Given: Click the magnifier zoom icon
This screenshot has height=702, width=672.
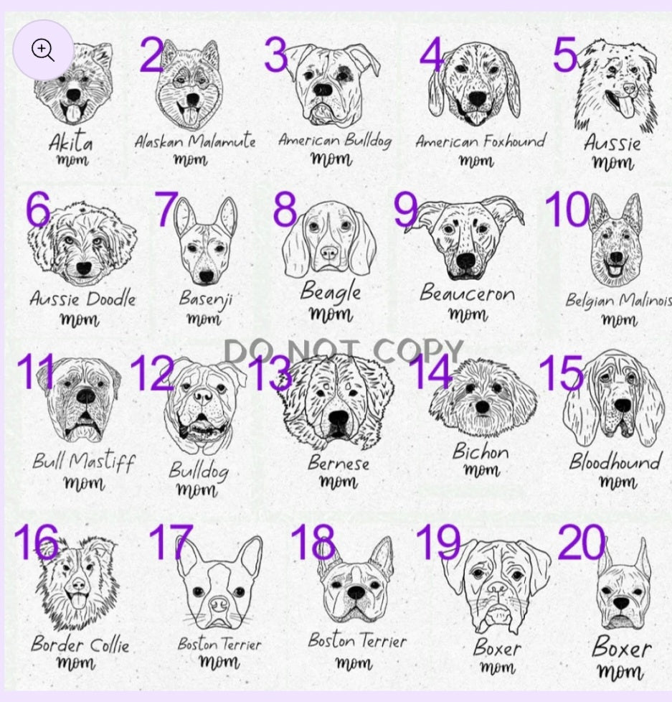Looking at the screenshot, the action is (43, 50).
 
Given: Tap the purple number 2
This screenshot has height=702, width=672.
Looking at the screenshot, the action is (151, 55).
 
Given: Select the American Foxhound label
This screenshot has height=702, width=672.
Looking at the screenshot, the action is (481, 141).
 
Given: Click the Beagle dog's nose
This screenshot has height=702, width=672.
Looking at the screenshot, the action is (329, 253).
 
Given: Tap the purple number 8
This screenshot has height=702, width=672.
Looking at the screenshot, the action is (285, 209).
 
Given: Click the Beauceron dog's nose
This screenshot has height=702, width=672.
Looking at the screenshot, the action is (465, 261).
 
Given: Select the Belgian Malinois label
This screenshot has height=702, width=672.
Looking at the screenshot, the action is (619, 300).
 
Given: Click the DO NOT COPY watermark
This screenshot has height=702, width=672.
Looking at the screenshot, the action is (343, 350).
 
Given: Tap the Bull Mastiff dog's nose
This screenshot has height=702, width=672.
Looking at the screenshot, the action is (85, 396).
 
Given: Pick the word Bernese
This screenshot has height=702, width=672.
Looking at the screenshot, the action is (339, 463).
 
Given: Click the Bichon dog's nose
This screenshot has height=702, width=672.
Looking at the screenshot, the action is (482, 407).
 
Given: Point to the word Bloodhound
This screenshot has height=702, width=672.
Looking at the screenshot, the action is (615, 462).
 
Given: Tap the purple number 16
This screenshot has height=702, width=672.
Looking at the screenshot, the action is (37, 542).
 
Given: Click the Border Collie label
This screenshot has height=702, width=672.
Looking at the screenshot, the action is (80, 645).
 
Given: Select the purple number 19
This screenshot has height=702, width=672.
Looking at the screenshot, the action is (438, 543).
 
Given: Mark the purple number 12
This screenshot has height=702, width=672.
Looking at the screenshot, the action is (151, 373).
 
